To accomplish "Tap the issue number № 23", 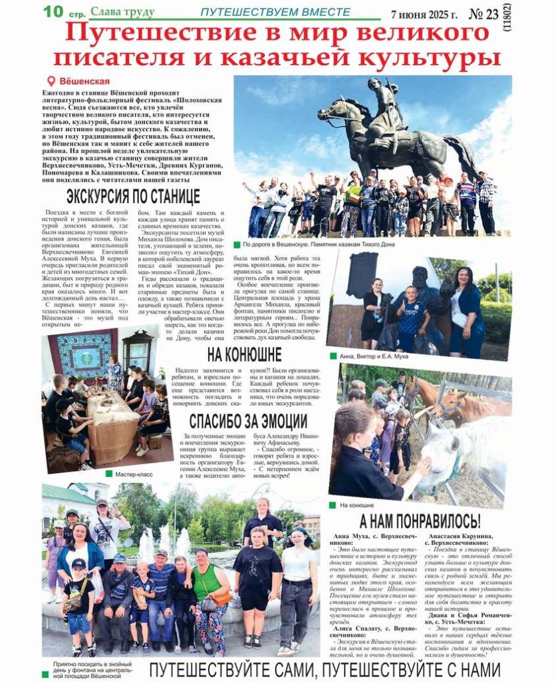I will click(484, 14).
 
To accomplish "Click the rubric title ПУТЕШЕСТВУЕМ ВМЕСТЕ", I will click(275, 13).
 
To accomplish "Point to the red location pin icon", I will click(51, 81).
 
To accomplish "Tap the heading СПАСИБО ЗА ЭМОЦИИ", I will click(247, 422).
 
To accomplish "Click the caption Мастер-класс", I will click(134, 474).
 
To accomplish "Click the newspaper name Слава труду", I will click(122, 12).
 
